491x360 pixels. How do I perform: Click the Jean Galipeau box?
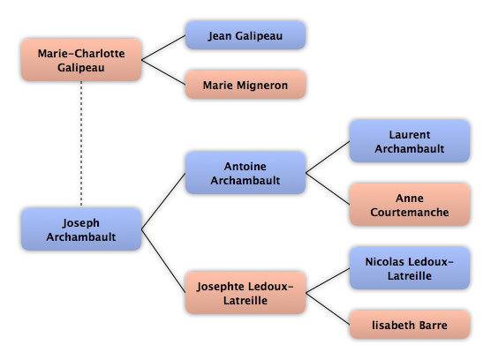click(245, 35)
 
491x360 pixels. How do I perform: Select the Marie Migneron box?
click(245, 85)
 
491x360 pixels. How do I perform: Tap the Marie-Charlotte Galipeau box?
click(81, 60)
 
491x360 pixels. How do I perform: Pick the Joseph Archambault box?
click(81, 229)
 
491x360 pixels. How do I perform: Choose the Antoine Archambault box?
click(245, 173)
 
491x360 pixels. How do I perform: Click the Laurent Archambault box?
click(410, 141)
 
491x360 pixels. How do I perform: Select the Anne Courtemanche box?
click(410, 205)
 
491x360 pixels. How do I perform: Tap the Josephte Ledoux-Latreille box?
click(245, 293)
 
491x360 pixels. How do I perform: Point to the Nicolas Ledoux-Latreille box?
click(410, 268)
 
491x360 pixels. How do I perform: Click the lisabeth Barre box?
click(410, 325)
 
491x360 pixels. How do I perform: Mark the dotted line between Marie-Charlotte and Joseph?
click(81, 144)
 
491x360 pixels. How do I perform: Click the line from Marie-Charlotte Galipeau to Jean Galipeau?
click(163, 48)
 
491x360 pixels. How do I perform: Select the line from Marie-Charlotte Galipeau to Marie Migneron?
click(163, 72)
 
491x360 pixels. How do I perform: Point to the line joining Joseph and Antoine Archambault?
click(163, 201)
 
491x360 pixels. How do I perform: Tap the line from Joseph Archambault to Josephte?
click(163, 261)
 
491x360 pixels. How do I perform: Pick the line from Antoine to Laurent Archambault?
click(328, 157)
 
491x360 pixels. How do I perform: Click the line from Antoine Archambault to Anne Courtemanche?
click(328, 189)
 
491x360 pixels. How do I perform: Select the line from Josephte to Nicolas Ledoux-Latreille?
click(328, 281)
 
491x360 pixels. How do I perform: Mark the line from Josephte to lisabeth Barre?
click(328, 309)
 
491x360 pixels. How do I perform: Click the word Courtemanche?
click(410, 212)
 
